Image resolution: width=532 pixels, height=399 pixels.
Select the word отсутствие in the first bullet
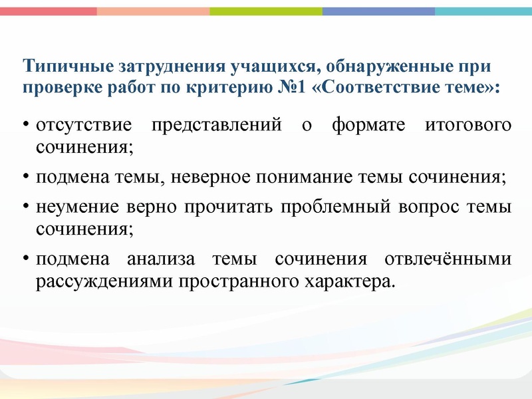click(80, 126)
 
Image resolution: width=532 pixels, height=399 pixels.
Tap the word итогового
click(473, 126)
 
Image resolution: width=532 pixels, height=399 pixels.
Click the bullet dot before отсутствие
click(25, 126)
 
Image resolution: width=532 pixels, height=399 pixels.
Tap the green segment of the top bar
click(265, 11)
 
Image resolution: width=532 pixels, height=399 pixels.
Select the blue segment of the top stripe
click(378, 11)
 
